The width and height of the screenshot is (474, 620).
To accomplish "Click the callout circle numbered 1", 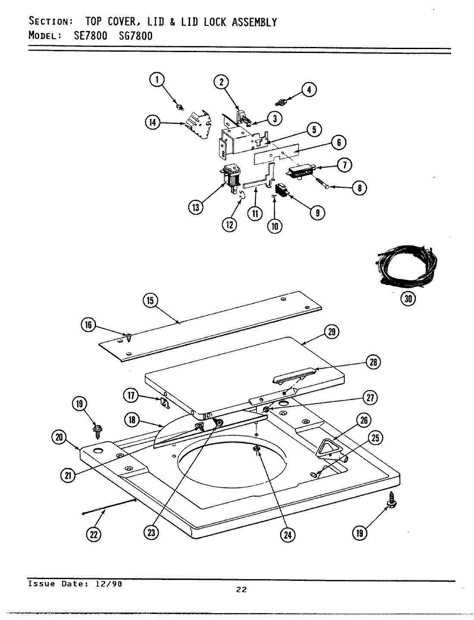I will (x=157, y=79).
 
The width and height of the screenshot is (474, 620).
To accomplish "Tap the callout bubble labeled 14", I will (x=152, y=123).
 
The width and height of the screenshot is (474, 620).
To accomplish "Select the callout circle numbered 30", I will (x=408, y=299).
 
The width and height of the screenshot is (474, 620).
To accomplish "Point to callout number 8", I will (x=359, y=188).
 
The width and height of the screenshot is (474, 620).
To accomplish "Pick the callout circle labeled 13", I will (x=196, y=207).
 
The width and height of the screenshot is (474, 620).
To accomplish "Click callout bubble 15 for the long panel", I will (x=151, y=300).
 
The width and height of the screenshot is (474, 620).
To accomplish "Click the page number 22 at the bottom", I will (x=241, y=590).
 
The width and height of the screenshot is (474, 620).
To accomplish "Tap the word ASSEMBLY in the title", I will (x=254, y=22).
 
